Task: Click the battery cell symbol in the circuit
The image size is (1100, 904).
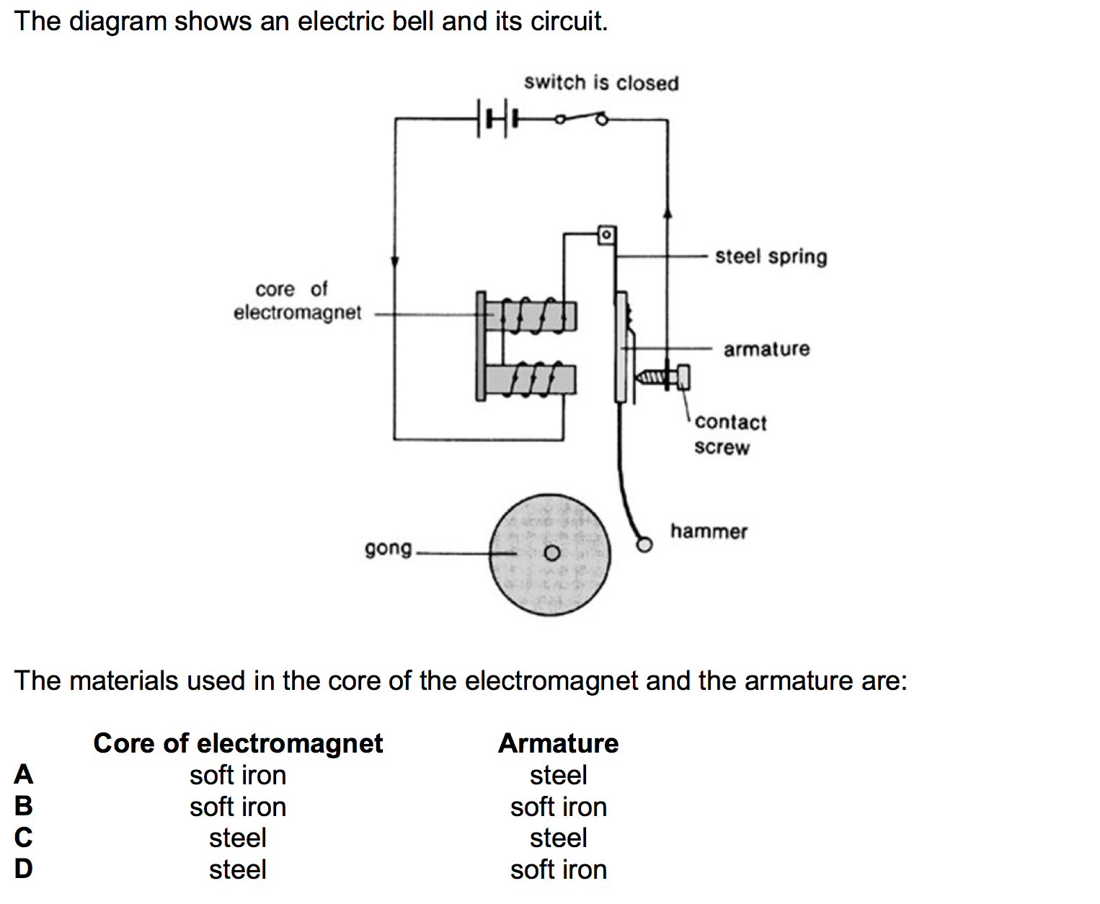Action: pos(497,119)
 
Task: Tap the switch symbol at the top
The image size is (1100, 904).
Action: pos(580,118)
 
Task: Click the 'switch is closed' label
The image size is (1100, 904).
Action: pos(601,83)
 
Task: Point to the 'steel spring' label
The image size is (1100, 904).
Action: pos(771,257)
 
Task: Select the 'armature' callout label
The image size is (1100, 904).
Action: pos(766,350)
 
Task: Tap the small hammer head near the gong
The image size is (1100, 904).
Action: pos(644,544)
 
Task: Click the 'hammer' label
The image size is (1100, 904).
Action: pos(709,532)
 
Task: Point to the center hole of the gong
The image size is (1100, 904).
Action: pos(551,554)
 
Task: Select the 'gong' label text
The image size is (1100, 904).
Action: pos(388,549)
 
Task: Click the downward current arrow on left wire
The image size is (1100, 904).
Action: pos(395,261)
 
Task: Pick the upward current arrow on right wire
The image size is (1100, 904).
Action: pos(667,211)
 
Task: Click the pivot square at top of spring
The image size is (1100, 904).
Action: pos(607,234)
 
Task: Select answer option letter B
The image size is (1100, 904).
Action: pos(23,806)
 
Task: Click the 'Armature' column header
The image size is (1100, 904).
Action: pos(558,743)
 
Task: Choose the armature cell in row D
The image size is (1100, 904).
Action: pos(558,869)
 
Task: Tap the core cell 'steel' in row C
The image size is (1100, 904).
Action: pos(237,838)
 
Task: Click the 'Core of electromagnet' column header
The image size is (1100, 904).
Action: pos(238,743)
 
